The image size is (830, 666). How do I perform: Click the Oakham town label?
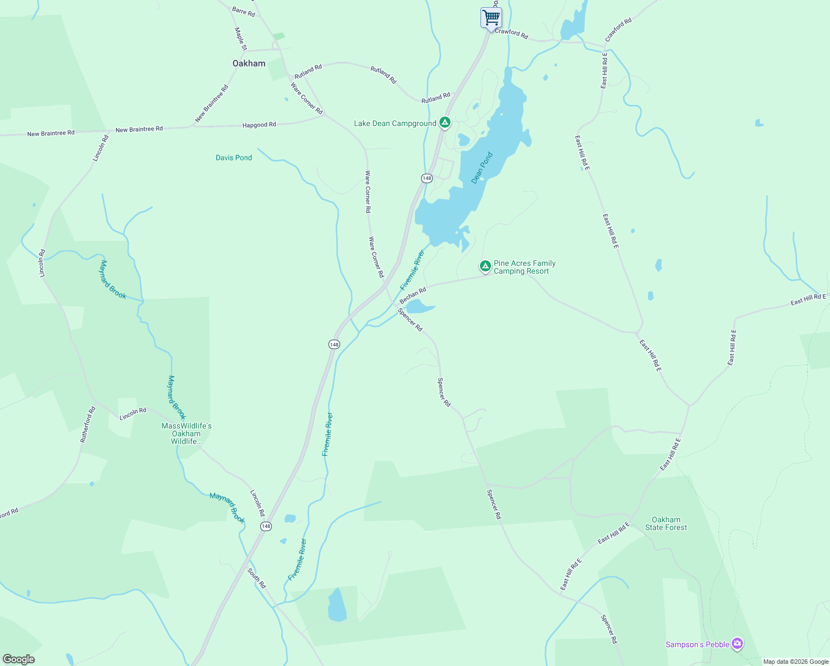point(249,63)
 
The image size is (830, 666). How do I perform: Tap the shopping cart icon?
point(491,18)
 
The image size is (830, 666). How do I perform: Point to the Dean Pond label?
point(482,168)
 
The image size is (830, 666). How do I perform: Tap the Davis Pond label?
point(234,158)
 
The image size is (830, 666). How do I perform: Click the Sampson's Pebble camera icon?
point(737,644)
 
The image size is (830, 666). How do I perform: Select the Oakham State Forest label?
point(666,524)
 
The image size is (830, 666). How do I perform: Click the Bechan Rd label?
point(413,295)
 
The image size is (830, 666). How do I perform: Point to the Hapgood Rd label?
point(259,125)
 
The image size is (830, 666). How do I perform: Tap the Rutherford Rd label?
point(88,425)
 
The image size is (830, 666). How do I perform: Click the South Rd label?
point(257,578)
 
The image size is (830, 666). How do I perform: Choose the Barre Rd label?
point(244,12)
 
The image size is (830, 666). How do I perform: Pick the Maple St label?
point(240,39)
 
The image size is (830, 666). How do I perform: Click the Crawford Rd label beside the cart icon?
point(511,33)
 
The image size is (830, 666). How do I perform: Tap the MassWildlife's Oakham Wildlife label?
point(186,433)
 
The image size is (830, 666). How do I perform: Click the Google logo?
point(19,659)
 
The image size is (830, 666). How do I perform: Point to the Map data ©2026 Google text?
point(795,662)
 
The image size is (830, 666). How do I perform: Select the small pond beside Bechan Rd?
point(418,306)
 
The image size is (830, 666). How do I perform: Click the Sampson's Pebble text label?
point(697,644)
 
